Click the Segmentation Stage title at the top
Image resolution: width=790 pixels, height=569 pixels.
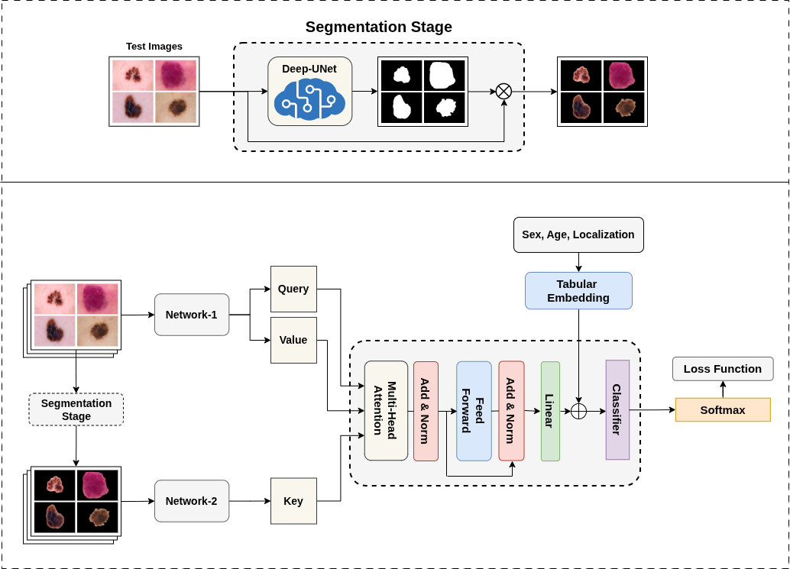[x=378, y=27]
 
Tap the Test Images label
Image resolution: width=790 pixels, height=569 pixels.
[x=154, y=47]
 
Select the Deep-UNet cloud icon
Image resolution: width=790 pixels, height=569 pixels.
[x=308, y=99]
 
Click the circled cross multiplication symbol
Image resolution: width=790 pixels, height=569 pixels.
[x=503, y=92]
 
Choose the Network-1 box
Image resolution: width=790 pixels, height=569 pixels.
[x=192, y=315]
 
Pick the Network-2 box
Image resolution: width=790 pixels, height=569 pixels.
[x=192, y=501]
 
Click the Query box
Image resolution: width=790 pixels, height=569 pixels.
[x=293, y=289]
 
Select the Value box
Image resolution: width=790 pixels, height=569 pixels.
[x=293, y=340]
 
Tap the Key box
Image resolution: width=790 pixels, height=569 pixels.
[x=293, y=501]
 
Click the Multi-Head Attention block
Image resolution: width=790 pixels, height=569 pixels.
[x=386, y=410]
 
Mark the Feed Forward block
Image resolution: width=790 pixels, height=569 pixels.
[x=474, y=410]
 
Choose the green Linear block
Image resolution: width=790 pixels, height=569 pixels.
[x=550, y=410]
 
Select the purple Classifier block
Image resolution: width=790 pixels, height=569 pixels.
[x=617, y=410]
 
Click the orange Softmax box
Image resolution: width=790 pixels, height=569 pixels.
[x=723, y=410]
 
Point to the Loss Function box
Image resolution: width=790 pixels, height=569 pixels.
[x=723, y=369]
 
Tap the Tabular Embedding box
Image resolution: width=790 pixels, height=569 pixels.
[x=578, y=291]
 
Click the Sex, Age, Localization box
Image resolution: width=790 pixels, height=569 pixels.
[x=578, y=235]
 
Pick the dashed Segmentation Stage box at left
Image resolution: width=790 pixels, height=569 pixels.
[x=76, y=409]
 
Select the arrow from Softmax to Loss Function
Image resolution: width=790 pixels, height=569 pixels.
[x=723, y=389]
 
